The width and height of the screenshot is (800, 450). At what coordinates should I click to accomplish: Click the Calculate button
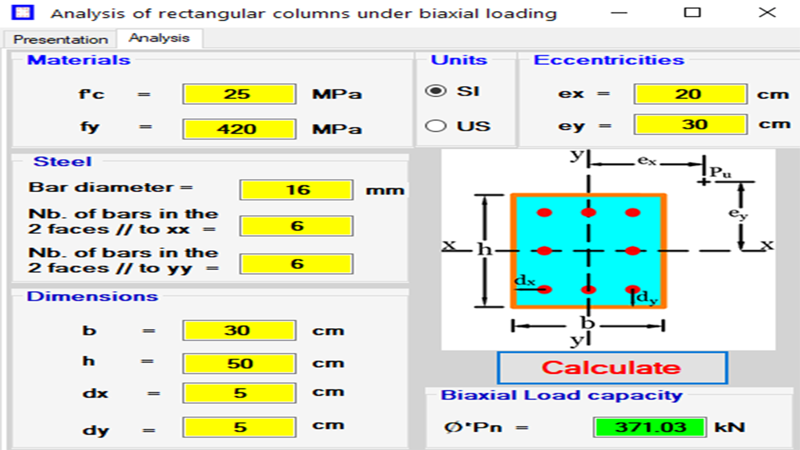tap(612, 368)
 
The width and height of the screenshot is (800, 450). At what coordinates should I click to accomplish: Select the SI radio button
tap(436, 91)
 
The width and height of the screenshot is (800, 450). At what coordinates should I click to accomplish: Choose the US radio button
tap(436, 126)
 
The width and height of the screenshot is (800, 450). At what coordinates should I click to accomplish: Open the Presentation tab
tap(60, 39)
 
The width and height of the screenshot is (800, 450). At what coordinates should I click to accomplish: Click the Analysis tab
tap(159, 38)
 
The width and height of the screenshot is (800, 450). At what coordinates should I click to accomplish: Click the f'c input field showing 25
tap(239, 94)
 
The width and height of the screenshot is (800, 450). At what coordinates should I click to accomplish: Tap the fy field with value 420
tap(239, 129)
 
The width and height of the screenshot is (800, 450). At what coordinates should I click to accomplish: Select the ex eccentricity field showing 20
tap(690, 94)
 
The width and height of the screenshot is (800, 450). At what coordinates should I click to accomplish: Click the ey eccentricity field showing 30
tap(690, 124)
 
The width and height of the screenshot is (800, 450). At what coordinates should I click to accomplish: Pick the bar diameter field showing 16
tap(296, 190)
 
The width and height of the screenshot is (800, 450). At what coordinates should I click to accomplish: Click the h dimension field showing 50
tap(239, 363)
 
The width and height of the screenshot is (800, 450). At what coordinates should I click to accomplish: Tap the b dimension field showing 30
tap(239, 330)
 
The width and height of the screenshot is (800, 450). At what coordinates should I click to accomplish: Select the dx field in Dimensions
tap(239, 393)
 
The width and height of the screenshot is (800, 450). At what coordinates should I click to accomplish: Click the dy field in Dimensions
tap(239, 427)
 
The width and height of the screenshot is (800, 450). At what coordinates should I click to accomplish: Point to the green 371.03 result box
tap(649, 427)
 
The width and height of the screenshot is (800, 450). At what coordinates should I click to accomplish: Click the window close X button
tap(767, 13)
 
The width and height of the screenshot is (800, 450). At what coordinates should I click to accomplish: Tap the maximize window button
tap(692, 13)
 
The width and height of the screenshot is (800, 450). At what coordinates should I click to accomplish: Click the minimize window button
tap(619, 13)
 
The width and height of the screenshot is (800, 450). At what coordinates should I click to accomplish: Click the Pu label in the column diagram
tap(720, 173)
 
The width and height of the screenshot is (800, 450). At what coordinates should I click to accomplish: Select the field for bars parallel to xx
tap(296, 226)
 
